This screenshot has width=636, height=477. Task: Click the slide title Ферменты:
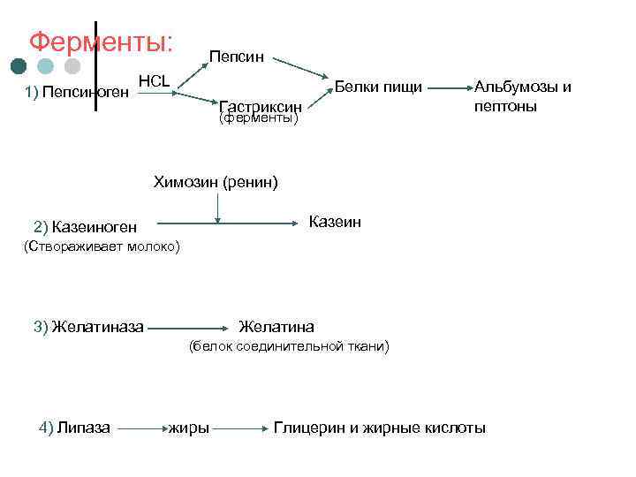101,42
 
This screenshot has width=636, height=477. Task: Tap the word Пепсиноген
86,91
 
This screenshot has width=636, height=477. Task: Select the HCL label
155,80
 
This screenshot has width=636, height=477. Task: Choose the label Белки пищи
379,87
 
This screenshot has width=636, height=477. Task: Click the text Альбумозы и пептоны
523,96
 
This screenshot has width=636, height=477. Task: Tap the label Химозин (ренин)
216,183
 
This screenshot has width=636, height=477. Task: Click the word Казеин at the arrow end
335,221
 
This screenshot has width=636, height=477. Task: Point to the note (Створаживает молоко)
100,246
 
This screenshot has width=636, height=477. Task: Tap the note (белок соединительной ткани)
287,346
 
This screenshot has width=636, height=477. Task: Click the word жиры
190,428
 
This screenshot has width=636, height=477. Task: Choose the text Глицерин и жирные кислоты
380,428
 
